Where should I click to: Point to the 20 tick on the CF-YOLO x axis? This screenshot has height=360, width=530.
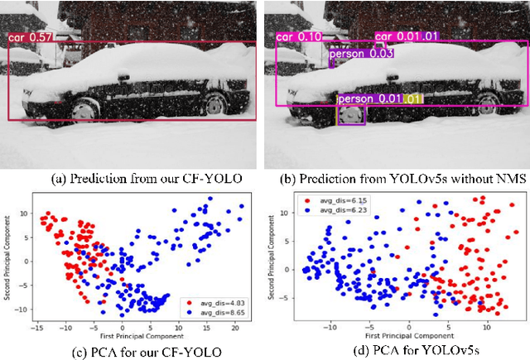236,327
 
